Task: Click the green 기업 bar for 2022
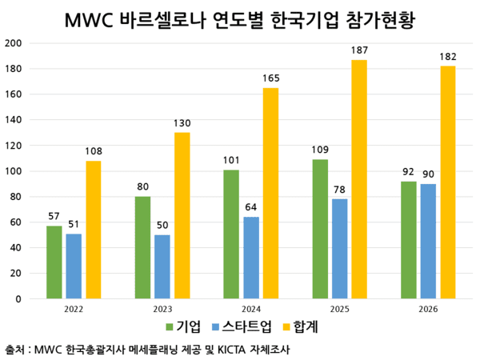pyautogui.click(x=54, y=262)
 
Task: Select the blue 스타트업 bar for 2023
pyautogui.click(x=162, y=266)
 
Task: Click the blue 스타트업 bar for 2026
pyautogui.click(x=429, y=241)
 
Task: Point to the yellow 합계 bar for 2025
pyautogui.click(x=359, y=179)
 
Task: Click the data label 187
pyautogui.click(x=359, y=51)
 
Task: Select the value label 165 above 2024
pyautogui.click(x=270, y=79)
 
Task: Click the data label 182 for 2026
pyautogui.click(x=447, y=58)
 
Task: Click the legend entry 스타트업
pyautogui.click(x=240, y=326)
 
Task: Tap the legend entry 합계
pyautogui.click(x=302, y=326)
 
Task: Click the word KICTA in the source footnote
pyautogui.click(x=236, y=350)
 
